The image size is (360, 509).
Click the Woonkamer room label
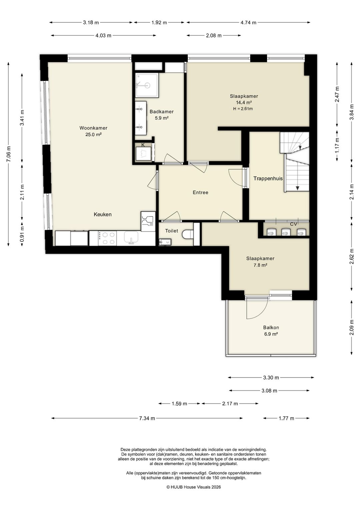click(93, 128)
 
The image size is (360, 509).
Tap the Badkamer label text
click(161, 111)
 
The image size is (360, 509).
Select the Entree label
click(200, 192)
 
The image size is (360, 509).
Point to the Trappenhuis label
click(268, 178)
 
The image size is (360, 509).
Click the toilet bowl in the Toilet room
click(188, 234)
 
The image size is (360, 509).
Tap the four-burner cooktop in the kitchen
click(107, 238)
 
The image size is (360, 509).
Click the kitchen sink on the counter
click(131, 237)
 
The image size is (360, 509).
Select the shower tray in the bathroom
click(147, 85)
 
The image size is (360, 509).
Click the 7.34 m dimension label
click(147, 418)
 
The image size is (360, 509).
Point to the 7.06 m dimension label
click(9, 154)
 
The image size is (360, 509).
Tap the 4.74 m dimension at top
click(248, 22)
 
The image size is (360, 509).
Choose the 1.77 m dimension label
click(286, 418)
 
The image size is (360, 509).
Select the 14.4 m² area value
click(244, 102)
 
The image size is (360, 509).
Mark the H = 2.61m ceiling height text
click(243, 109)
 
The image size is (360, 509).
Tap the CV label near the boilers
click(293, 224)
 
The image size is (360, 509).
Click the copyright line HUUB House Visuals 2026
click(194, 487)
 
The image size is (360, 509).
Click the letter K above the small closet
click(143, 145)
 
